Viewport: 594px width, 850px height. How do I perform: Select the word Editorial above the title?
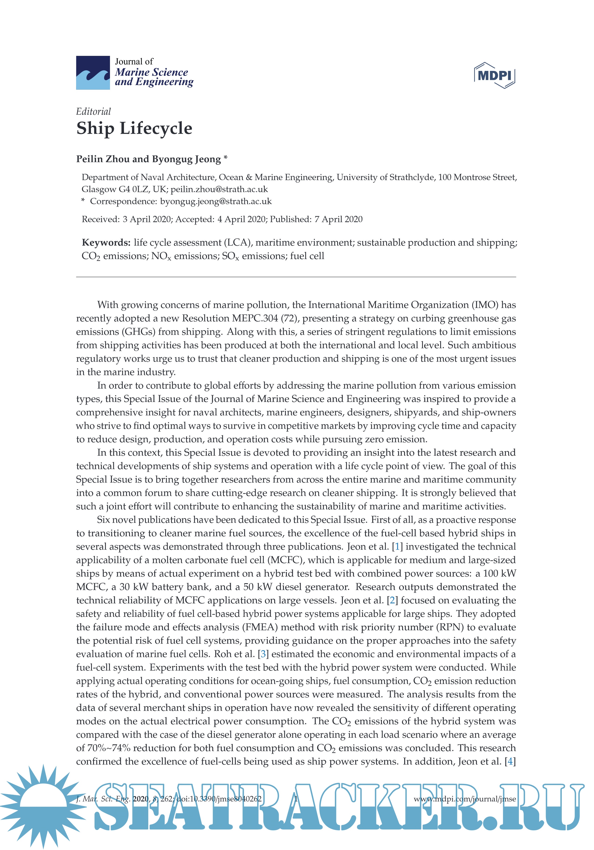(x=93, y=111)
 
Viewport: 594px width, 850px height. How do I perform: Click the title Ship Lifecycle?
(x=134, y=128)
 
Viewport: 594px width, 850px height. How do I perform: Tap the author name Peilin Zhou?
(x=103, y=159)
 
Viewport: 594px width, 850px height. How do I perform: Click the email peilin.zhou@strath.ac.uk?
(x=219, y=189)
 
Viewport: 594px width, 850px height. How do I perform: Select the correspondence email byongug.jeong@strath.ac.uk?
(x=216, y=201)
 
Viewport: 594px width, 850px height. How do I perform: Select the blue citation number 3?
(x=263, y=654)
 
